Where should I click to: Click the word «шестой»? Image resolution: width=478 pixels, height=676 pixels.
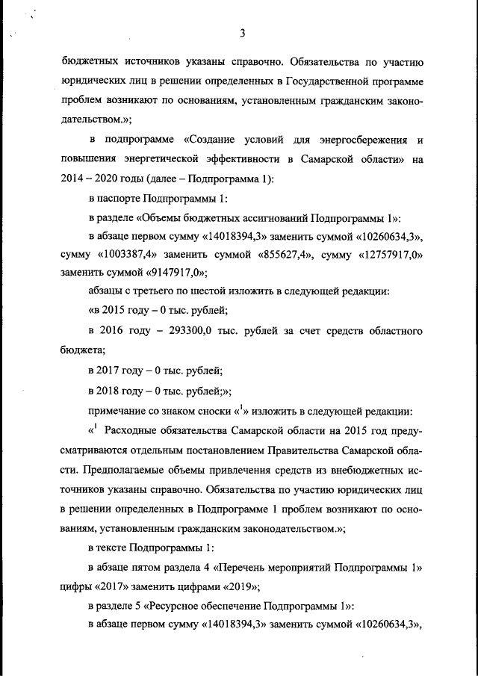219,291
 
